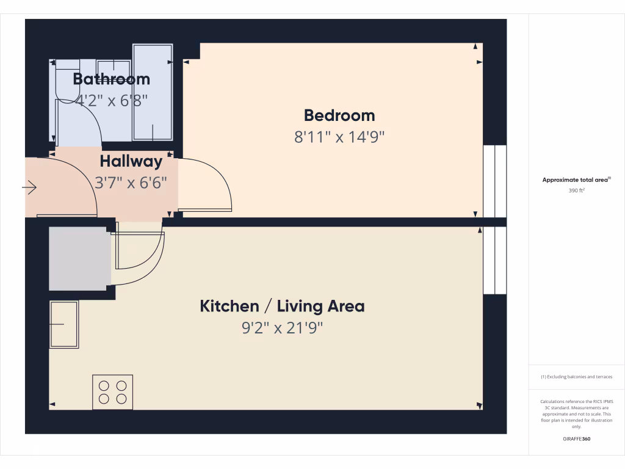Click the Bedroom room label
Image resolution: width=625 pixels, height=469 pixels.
[x=339, y=115]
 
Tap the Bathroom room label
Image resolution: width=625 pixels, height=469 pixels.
[x=111, y=79]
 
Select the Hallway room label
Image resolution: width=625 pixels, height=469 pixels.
[x=131, y=162]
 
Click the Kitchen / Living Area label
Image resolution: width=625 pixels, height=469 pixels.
[x=282, y=306]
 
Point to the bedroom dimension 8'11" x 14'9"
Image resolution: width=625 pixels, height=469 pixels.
[x=339, y=136]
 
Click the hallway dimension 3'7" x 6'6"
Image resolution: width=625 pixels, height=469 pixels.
[x=131, y=182]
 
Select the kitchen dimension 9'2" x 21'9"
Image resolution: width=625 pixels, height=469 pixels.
[x=282, y=328]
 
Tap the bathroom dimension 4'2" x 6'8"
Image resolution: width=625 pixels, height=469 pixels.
[x=111, y=100]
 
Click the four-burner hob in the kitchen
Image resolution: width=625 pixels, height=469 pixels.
[x=112, y=392]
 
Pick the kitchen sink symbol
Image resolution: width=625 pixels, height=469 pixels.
[x=64, y=324]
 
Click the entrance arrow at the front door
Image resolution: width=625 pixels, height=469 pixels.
[x=30, y=188]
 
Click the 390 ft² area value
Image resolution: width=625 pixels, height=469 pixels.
[x=577, y=191]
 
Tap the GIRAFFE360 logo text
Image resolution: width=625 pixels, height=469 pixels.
[x=577, y=439]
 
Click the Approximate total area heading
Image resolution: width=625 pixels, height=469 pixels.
[x=577, y=180]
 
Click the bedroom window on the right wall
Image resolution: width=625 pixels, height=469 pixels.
[x=494, y=181]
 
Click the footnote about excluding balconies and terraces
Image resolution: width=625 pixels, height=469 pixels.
[x=577, y=377]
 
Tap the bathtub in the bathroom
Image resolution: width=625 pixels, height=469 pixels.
[x=153, y=92]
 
